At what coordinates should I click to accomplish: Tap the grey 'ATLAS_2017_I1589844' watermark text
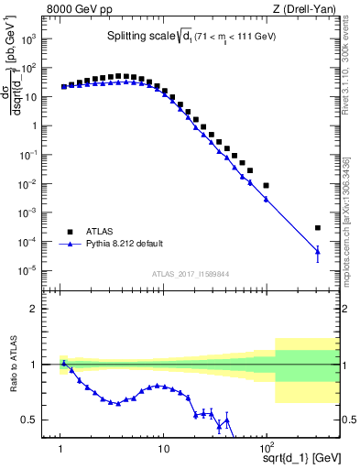(191, 274)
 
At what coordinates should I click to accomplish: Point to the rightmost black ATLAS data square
(318, 228)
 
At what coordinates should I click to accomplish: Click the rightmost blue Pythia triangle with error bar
(318, 250)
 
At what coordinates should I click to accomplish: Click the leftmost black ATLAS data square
(63, 87)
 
